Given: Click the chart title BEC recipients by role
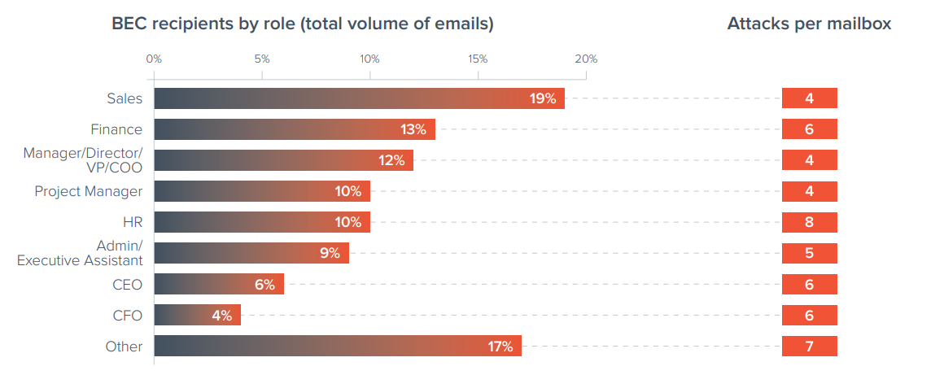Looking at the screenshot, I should pyautogui.click(x=303, y=24).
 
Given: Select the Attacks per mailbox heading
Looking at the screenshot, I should pyautogui.click(x=808, y=24).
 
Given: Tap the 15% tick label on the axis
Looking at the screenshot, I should pyautogui.click(x=478, y=59).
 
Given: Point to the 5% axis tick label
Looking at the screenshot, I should pyautogui.click(x=261, y=59).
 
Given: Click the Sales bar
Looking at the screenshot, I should pyautogui.click(x=359, y=98).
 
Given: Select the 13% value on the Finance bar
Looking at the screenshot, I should pyautogui.click(x=413, y=129).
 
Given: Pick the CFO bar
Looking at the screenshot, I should pyautogui.click(x=197, y=316).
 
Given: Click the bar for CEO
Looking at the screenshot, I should pyautogui.click(x=218, y=285).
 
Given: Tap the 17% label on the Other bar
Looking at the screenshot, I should pyautogui.click(x=500, y=347).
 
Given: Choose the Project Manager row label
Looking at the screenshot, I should pyautogui.click(x=88, y=191).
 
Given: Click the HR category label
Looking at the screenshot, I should pyautogui.click(x=132, y=222).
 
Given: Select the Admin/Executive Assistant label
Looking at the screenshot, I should pyautogui.click(x=80, y=253).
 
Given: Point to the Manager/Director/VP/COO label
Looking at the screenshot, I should pyautogui.click(x=82, y=160).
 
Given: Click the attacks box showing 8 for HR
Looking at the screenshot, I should pyautogui.click(x=809, y=222).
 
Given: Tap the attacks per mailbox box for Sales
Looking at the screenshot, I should pyautogui.click(x=809, y=98).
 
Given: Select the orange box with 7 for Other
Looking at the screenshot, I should pyautogui.click(x=809, y=347).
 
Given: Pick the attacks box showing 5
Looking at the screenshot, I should pyautogui.click(x=809, y=253).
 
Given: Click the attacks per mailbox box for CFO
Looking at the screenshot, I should pyautogui.click(x=809, y=316).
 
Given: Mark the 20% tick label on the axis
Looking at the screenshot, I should pyautogui.click(x=586, y=59).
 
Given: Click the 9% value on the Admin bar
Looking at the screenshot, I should pyautogui.click(x=330, y=253).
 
